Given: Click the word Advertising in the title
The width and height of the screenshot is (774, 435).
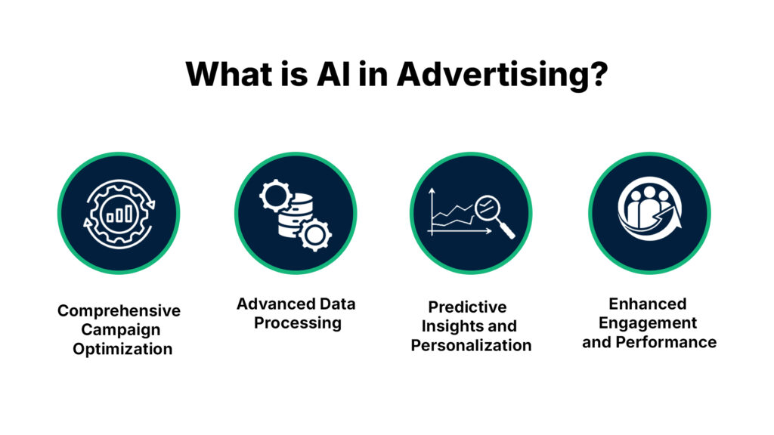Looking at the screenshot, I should [501, 74].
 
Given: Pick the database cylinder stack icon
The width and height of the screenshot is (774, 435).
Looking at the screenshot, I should [296, 214].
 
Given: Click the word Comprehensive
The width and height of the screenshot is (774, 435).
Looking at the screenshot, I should [119, 311].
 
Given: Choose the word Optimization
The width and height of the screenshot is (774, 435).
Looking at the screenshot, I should [122, 349].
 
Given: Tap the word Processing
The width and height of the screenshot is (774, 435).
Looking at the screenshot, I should [297, 322].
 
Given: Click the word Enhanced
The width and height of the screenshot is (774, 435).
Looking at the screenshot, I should [648, 304].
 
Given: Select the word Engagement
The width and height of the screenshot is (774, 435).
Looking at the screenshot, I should [648, 322].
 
